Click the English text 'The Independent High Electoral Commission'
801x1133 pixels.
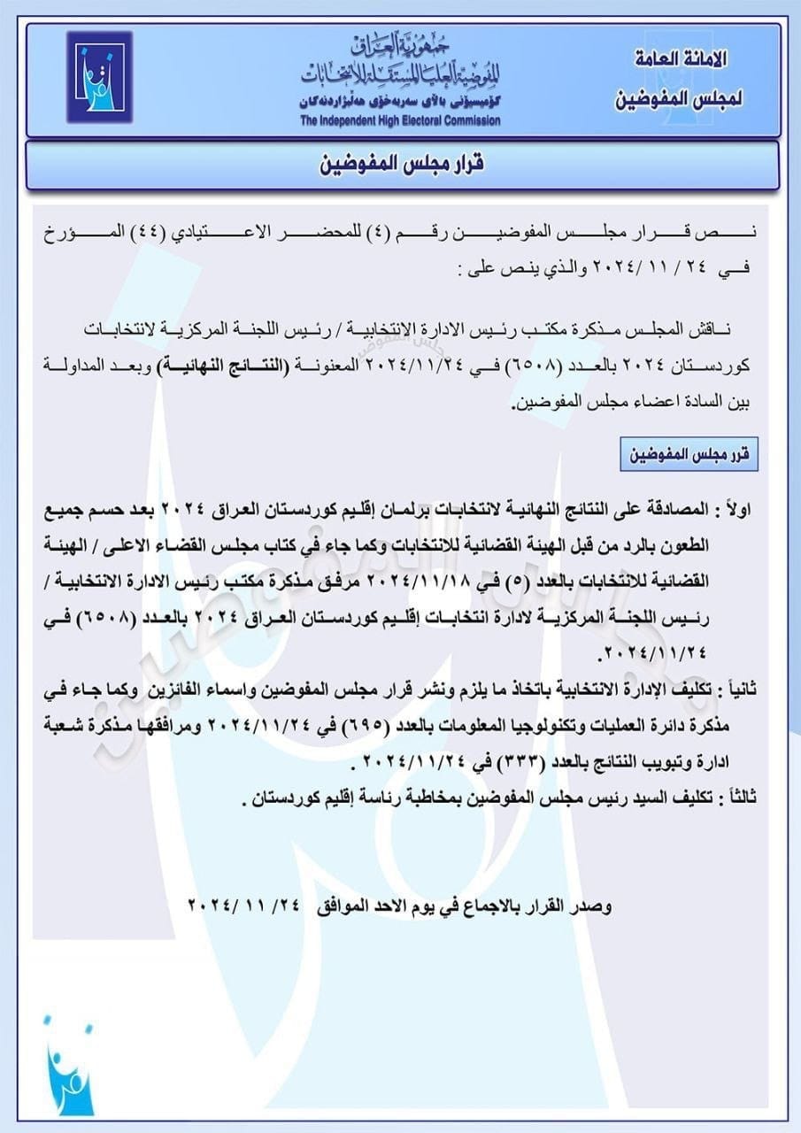tap(400, 121)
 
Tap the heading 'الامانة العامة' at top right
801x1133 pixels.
tap(682, 60)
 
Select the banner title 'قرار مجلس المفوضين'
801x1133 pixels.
tap(402, 166)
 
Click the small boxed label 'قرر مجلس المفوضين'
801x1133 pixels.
tap(689, 456)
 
